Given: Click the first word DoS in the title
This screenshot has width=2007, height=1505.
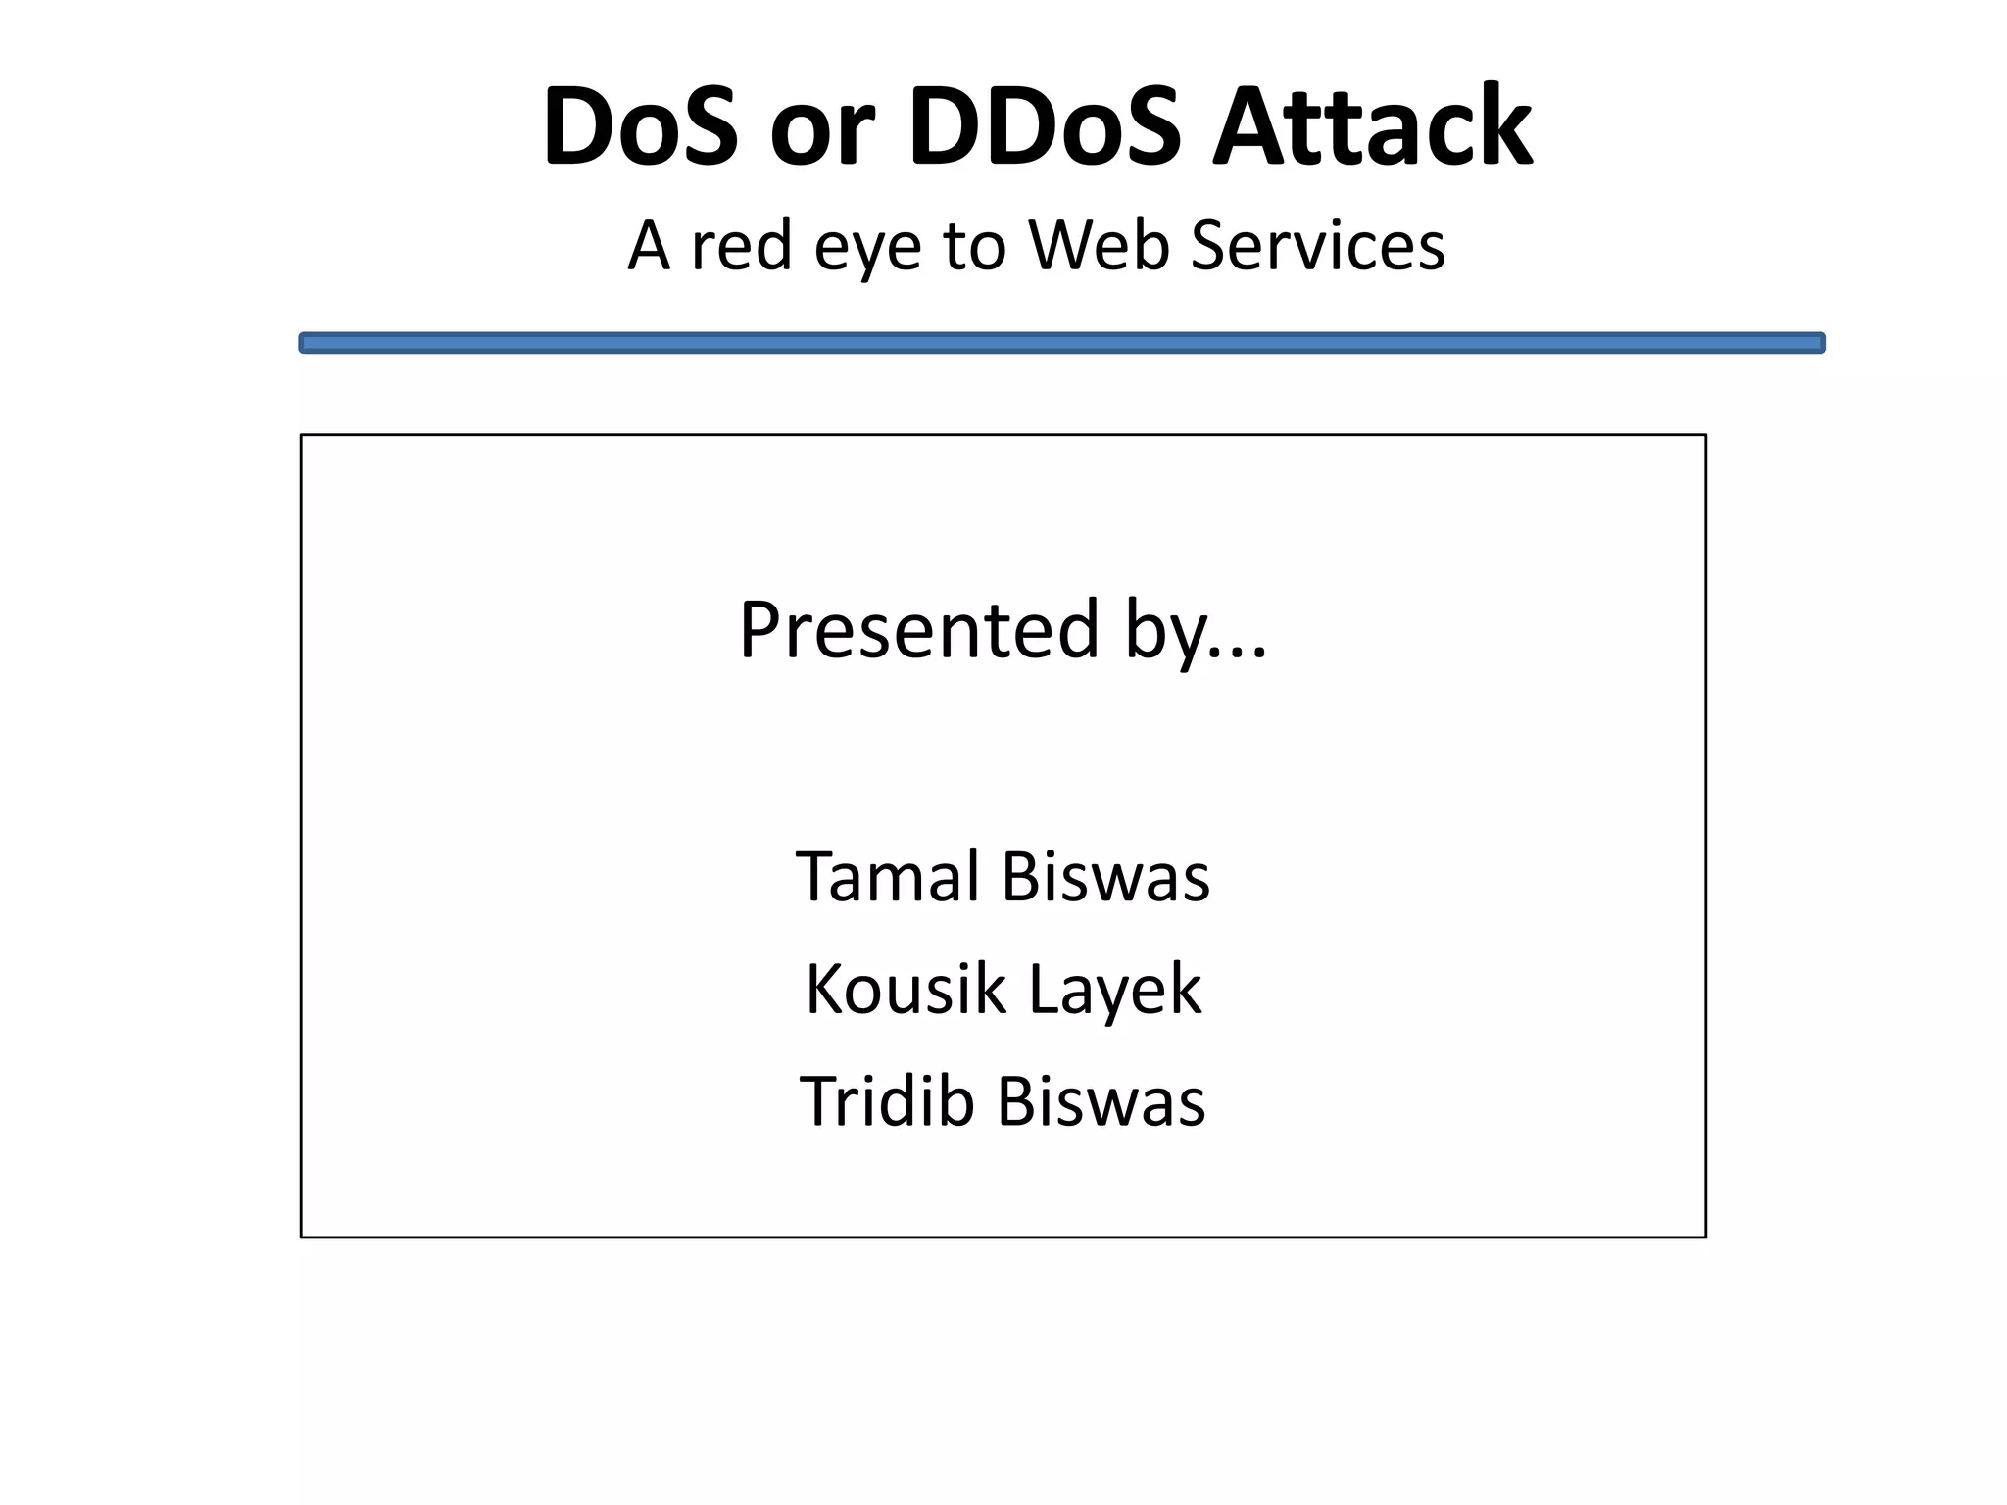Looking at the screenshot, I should (640, 127).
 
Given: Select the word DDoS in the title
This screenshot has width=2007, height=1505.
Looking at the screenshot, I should (1046, 127).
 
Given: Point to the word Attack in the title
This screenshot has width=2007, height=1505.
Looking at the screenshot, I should (1372, 127).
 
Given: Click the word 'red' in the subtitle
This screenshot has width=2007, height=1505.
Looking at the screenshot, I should (741, 245).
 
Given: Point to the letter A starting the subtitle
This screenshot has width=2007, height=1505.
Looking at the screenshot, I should (649, 245).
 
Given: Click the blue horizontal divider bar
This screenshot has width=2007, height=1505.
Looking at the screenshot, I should (1061, 343).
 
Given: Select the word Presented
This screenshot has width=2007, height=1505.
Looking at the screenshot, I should (918, 629).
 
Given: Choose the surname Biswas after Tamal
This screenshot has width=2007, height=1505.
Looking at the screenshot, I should (1105, 876).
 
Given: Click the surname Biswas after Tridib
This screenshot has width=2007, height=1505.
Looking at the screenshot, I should (1101, 1101).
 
